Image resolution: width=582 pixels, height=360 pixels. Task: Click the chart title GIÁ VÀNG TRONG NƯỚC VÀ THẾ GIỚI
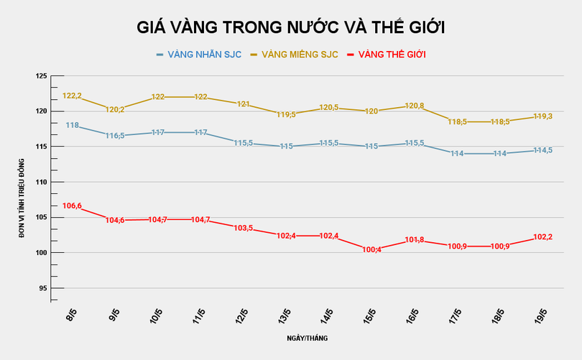pyautogui.click(x=291, y=27)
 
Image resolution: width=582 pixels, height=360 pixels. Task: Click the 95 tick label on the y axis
pyautogui.click(x=42, y=288)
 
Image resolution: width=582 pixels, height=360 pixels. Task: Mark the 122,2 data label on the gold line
pyautogui.click(x=73, y=96)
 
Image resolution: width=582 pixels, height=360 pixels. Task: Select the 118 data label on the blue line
pyautogui.click(x=73, y=125)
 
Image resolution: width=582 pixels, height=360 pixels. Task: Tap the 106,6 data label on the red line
pyautogui.click(x=73, y=206)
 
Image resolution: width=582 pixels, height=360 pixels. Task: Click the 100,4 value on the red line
pyautogui.click(x=372, y=249)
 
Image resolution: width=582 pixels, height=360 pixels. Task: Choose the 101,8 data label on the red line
pyautogui.click(x=415, y=240)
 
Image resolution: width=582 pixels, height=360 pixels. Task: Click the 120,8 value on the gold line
pyautogui.click(x=415, y=106)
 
